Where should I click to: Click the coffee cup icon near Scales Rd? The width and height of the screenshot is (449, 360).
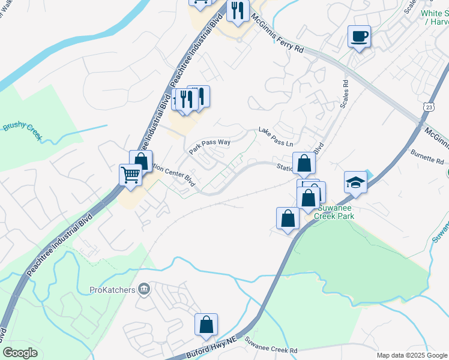pyautogui.click(x=359, y=37)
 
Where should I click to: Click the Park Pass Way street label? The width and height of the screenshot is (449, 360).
pyautogui.click(x=209, y=146)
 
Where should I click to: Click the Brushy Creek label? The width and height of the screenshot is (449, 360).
pyautogui.click(x=22, y=131)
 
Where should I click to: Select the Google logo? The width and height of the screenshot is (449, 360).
pyautogui.click(x=20, y=353)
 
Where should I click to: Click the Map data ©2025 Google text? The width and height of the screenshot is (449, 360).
pyautogui.click(x=411, y=355)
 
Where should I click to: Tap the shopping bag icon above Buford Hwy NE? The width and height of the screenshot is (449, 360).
pyautogui.click(x=206, y=325)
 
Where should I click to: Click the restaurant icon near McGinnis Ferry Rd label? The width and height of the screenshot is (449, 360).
pyautogui.click(x=238, y=11)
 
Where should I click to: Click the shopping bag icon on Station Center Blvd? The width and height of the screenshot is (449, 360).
pyautogui.click(x=304, y=163)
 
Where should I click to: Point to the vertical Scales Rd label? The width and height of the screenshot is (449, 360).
pyautogui.click(x=345, y=95)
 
